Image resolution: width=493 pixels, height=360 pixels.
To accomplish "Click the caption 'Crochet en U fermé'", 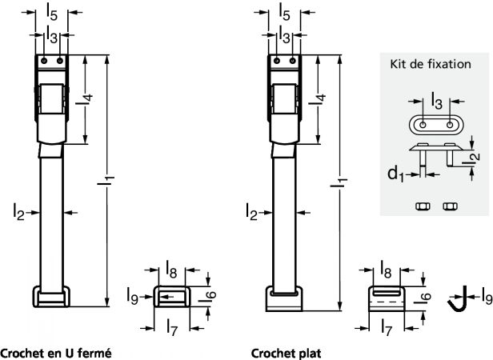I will [55, 352].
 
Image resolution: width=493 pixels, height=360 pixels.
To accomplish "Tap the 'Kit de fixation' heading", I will [429, 65].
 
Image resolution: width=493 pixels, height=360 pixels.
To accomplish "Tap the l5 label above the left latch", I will [52, 12].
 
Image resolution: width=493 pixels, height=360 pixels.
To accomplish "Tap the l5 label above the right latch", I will [286, 12].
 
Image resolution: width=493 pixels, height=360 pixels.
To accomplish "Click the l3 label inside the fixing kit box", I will [434, 102].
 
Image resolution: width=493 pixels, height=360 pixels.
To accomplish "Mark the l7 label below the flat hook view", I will [387, 326].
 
